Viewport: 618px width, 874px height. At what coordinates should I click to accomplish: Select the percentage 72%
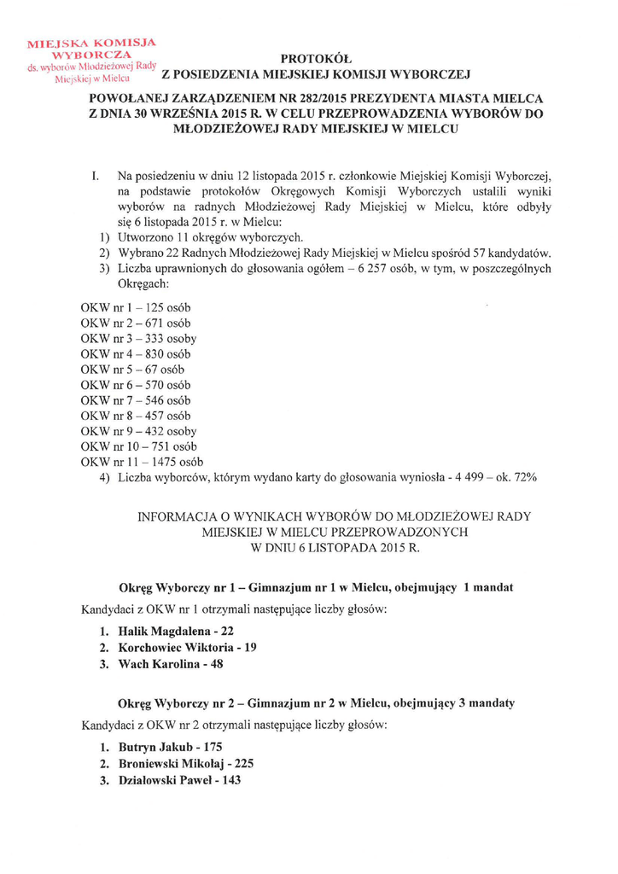click(x=524, y=477)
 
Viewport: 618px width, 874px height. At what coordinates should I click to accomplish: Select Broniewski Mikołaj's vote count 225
click(x=241, y=763)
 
